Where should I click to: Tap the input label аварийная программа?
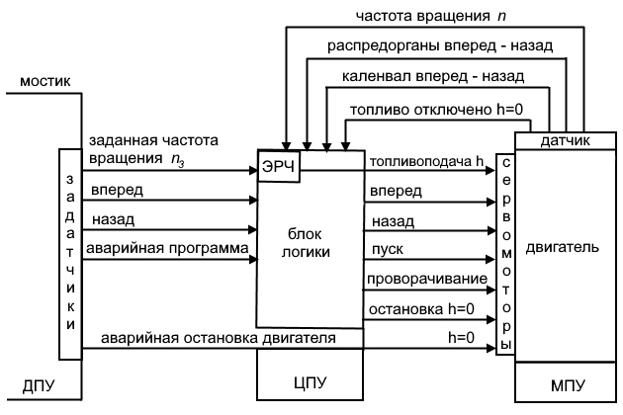click(x=169, y=247)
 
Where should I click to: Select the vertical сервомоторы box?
click(x=506, y=253)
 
